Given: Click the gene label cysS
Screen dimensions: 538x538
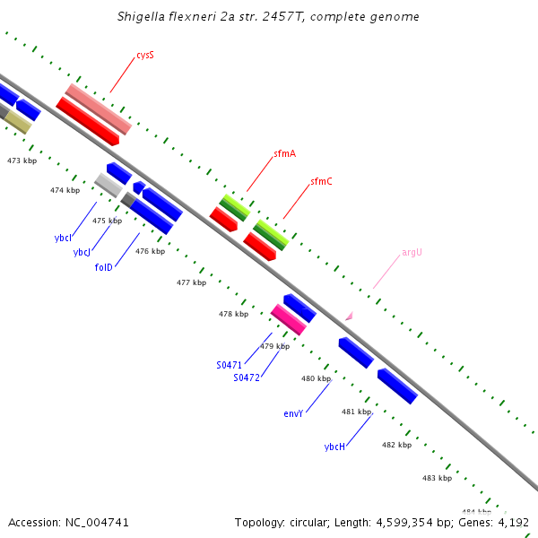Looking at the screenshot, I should (x=145, y=56).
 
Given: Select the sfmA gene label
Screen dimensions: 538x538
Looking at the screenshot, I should (x=285, y=154).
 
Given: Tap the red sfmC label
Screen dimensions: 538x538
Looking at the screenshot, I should (x=321, y=181).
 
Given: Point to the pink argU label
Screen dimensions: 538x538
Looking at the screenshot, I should (x=412, y=252).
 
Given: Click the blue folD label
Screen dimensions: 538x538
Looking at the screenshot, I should (x=104, y=267).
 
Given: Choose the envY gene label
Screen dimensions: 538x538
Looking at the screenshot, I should (x=293, y=413).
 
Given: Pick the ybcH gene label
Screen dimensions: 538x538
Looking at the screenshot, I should (x=334, y=446).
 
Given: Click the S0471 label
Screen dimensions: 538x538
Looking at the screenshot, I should (x=230, y=365).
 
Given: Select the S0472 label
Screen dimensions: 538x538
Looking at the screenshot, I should (x=247, y=377).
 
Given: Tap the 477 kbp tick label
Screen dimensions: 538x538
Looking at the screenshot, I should (x=191, y=282).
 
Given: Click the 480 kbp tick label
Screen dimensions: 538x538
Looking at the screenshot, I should (x=316, y=378).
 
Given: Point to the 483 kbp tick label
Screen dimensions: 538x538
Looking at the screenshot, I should (x=437, y=478).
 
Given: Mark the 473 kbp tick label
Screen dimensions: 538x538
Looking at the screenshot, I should (x=22, y=161).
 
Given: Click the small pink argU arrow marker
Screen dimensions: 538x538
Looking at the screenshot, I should (x=350, y=316).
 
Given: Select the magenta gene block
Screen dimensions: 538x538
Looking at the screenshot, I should (x=288, y=318).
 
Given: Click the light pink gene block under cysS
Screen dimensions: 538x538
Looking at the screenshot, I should (x=98, y=108).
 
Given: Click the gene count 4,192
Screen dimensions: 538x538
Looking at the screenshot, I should (x=514, y=522).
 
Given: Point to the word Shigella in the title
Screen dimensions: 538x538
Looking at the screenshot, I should (x=143, y=16).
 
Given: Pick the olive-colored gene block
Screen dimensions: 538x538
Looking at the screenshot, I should (x=17, y=122).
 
